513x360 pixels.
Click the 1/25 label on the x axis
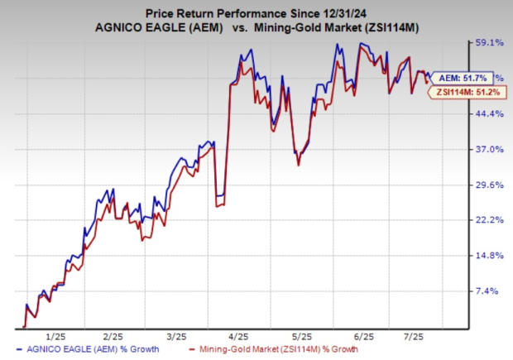click(x=57, y=337)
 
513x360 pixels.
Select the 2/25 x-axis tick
click(x=116, y=337)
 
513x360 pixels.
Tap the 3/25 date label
click(x=177, y=337)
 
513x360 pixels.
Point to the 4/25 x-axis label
click(x=239, y=337)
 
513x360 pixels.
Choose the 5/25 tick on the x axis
click(x=301, y=337)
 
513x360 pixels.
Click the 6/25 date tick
click(x=364, y=337)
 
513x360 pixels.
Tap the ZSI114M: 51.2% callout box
click(x=461, y=93)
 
